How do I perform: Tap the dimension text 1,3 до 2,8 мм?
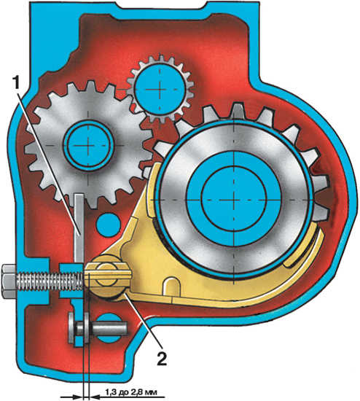click(x=130, y=392)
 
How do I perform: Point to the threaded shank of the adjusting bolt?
click(x=50, y=281)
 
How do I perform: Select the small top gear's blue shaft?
click(x=160, y=89)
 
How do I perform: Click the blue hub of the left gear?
click(x=88, y=145)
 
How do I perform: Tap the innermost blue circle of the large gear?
click(x=234, y=199)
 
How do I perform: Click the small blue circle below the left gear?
click(x=109, y=225)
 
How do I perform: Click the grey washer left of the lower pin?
click(x=71, y=328)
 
